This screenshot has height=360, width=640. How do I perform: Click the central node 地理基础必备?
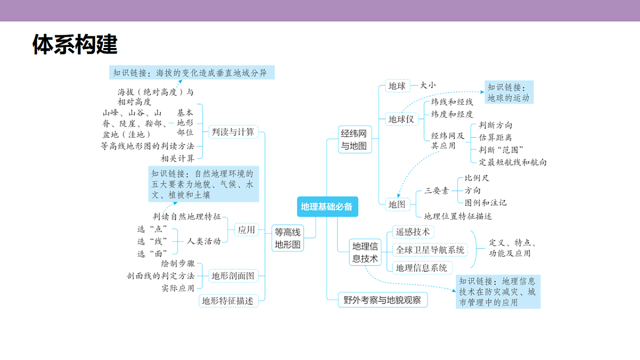[x=327, y=206]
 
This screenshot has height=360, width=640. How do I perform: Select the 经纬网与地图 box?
[x=355, y=139]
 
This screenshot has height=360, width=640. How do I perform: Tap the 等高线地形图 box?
[x=287, y=238]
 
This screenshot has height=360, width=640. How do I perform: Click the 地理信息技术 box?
[x=365, y=252]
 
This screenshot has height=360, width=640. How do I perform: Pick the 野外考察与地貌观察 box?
[x=382, y=300]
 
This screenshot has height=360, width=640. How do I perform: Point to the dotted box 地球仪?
[x=402, y=119]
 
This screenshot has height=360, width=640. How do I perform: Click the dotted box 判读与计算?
[x=233, y=132]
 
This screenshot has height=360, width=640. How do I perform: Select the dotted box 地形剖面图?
[x=233, y=276]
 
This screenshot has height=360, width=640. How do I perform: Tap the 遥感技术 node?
[x=413, y=231]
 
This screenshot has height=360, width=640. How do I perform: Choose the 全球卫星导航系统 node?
[x=430, y=250]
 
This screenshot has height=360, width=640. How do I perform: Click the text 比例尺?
[x=477, y=178]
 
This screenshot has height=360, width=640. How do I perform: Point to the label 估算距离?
[x=495, y=138]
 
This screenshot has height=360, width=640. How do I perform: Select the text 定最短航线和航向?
[x=513, y=162]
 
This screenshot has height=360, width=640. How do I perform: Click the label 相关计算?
[x=178, y=158]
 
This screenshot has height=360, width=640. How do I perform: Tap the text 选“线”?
[x=152, y=242]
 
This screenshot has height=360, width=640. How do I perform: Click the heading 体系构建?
[x=75, y=44]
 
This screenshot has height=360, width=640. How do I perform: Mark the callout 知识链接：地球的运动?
[x=509, y=92]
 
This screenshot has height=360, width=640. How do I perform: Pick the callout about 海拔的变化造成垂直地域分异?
[x=191, y=73]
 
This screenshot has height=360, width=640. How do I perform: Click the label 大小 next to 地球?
[x=428, y=85]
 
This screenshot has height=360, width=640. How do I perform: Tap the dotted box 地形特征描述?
[x=228, y=301]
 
